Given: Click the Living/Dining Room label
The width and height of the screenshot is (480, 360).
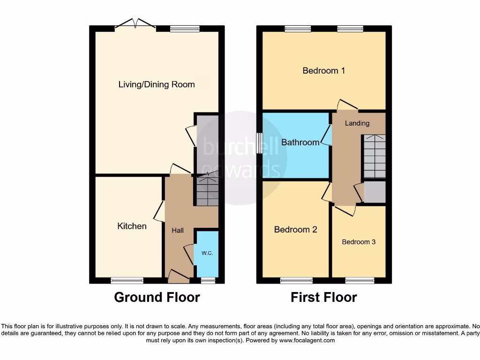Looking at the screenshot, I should (157, 85).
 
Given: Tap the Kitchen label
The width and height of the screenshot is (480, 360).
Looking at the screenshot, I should (132, 226).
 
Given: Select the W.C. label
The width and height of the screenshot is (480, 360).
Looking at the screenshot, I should (207, 253).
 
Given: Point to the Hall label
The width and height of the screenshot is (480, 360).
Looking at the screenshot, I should (178, 231).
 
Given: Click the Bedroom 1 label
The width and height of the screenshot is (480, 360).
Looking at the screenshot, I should (324, 71).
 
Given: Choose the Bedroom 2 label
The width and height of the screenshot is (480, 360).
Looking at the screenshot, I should (296, 230).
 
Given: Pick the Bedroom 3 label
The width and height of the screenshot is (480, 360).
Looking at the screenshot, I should (359, 242).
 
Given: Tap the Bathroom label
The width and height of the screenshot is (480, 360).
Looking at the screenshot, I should (300, 142).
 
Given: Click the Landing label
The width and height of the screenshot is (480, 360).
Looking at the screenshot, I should (357, 123).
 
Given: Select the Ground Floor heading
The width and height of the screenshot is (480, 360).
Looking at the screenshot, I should (157, 297).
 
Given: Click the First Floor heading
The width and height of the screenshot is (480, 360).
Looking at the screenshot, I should (324, 297).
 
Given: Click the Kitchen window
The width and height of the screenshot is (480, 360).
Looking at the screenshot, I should (127, 281).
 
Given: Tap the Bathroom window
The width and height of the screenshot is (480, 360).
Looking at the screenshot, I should (259, 142).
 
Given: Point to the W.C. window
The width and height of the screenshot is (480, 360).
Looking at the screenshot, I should (208, 281).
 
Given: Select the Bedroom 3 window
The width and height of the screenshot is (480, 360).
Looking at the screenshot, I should (360, 281).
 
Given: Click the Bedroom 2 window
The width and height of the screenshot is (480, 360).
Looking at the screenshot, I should (296, 281).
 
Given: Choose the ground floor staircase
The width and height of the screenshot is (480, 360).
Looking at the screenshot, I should (207, 189).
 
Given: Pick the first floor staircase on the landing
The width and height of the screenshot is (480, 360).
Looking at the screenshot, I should (374, 156).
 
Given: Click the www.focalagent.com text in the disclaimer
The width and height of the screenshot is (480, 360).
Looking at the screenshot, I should (307, 341).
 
